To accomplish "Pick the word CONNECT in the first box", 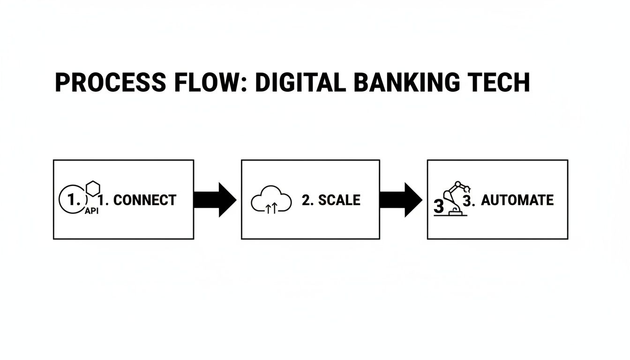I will [x=144, y=200].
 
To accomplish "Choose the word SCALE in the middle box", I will [x=339, y=200].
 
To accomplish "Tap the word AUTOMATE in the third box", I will [x=517, y=200].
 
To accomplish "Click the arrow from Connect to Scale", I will [x=215, y=200].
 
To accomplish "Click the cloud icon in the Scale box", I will [x=271, y=200].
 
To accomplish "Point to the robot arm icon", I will [x=455, y=197].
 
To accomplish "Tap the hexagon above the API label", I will [x=94, y=188].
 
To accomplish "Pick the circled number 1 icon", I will [x=72, y=200].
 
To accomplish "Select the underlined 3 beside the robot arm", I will [x=438, y=206].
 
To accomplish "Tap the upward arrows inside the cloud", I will [x=271, y=208].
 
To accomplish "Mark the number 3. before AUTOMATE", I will [x=469, y=200].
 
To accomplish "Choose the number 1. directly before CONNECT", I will [x=105, y=200].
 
